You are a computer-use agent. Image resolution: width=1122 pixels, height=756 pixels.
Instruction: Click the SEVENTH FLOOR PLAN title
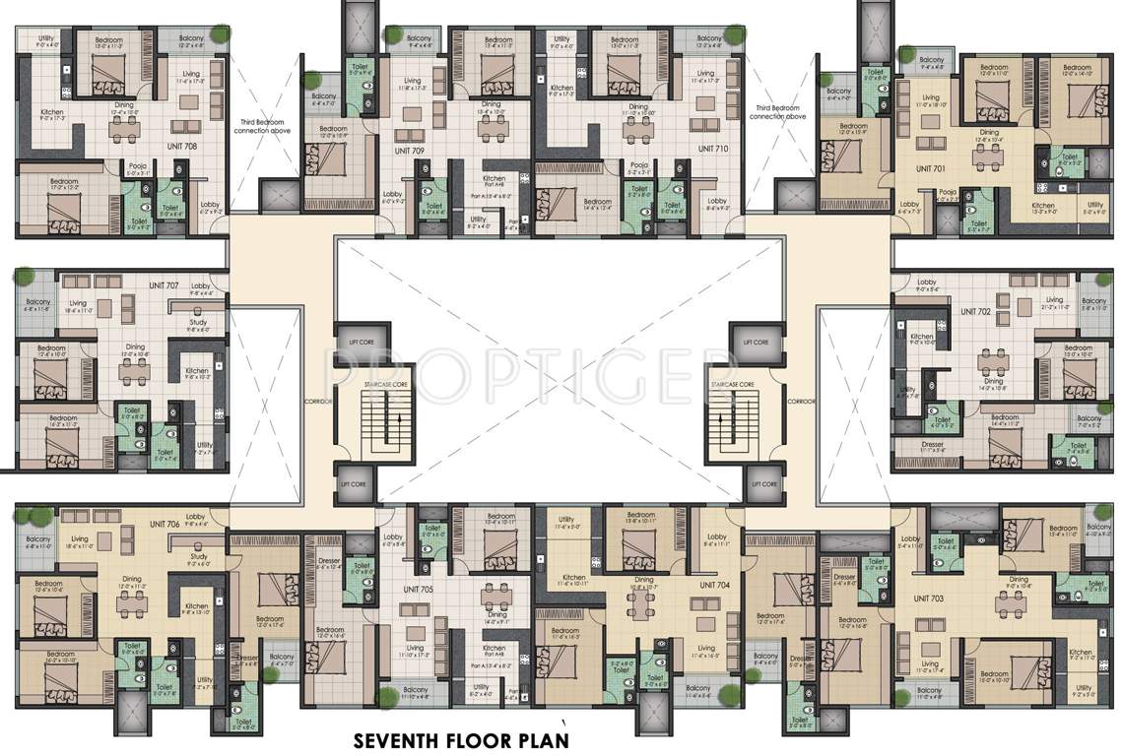[x=460, y=738]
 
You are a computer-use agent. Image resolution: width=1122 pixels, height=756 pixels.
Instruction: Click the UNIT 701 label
[x=931, y=167]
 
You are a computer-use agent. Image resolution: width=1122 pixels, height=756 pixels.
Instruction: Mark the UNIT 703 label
[x=928, y=598]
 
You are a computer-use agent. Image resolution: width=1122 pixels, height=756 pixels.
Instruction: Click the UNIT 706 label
[x=160, y=525]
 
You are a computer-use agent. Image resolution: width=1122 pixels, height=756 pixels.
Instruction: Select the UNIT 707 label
[x=164, y=285]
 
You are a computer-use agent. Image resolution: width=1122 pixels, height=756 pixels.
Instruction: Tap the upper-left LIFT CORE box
[x=356, y=343]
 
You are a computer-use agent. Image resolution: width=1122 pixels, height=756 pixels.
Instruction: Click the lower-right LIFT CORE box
[x=763, y=483]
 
